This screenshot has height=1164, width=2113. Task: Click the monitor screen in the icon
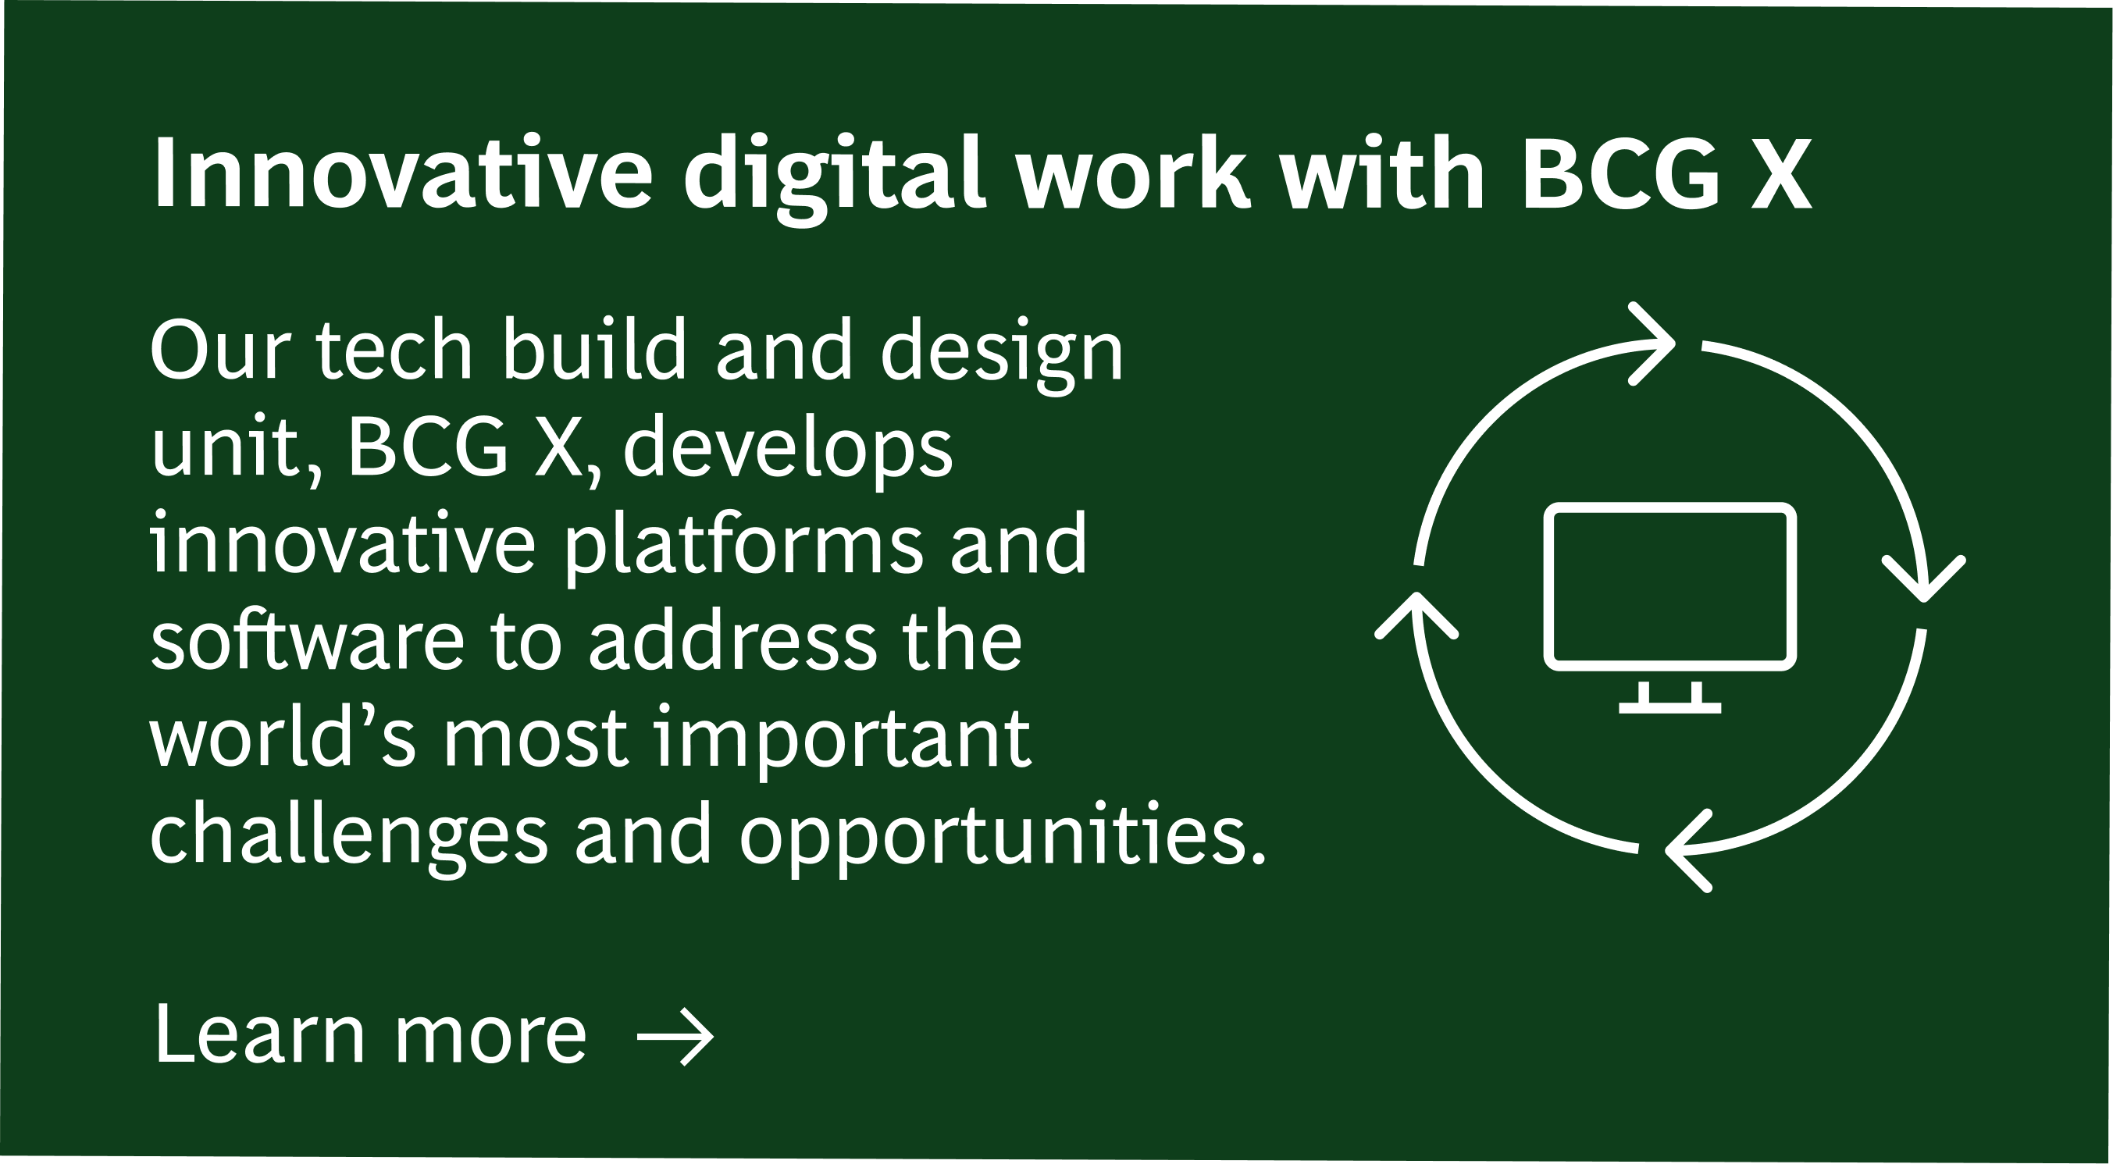1670,586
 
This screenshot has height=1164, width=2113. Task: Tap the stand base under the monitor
1670,707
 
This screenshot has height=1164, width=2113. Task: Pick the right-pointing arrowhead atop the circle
1652,344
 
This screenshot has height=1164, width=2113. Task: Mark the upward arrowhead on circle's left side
1416,614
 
